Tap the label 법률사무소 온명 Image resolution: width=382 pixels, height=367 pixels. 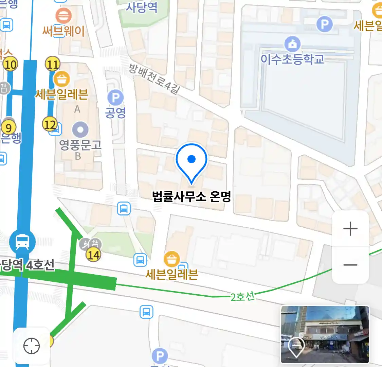coord(192,197)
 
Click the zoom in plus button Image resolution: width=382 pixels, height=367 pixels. coord(350,229)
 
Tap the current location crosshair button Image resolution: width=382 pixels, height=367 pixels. coord(32,346)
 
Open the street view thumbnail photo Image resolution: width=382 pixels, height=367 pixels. coord(325,335)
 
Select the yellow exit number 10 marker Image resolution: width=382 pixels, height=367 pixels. coord(11,64)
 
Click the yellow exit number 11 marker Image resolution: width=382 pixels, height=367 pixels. coord(53,64)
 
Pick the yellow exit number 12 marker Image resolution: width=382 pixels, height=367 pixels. coord(50,124)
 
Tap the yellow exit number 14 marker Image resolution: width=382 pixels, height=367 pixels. coord(93,255)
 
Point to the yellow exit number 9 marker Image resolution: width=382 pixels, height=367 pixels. coord(8,128)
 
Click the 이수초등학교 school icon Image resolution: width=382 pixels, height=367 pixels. coord(292,44)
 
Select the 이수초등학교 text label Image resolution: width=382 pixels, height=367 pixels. coord(292,59)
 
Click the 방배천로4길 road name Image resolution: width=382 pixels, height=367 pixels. coord(154,78)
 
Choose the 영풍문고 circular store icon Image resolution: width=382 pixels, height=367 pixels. coord(80,130)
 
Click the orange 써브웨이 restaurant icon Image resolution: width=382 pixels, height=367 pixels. coord(63,16)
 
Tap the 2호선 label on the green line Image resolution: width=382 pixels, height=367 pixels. coord(242,297)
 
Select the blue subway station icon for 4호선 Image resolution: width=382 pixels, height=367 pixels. coord(22,242)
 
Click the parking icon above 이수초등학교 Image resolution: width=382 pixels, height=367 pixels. coord(324,24)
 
